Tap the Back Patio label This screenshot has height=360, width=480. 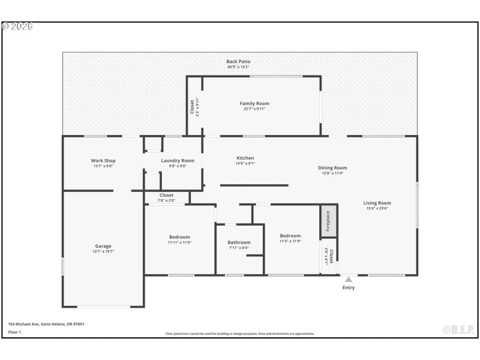(238, 61)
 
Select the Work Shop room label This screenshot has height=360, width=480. (103, 161)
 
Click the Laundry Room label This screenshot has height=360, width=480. (178, 161)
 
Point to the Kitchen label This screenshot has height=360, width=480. (245, 158)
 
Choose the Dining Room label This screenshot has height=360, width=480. (332, 168)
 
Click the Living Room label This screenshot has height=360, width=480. (377, 203)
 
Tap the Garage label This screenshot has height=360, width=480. (103, 246)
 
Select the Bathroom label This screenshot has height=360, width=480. (239, 242)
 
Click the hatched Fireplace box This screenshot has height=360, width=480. (329, 220)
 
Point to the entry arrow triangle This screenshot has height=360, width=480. (348, 279)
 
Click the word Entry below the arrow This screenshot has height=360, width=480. (349, 287)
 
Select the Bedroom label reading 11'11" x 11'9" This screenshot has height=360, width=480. (179, 237)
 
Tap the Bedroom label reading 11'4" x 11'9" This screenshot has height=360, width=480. (290, 236)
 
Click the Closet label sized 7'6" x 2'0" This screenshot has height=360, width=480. (166, 195)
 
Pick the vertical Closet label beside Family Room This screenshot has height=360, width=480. (192, 107)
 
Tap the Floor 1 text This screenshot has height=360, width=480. (14, 332)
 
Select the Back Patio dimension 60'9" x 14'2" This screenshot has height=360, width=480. (238, 67)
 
